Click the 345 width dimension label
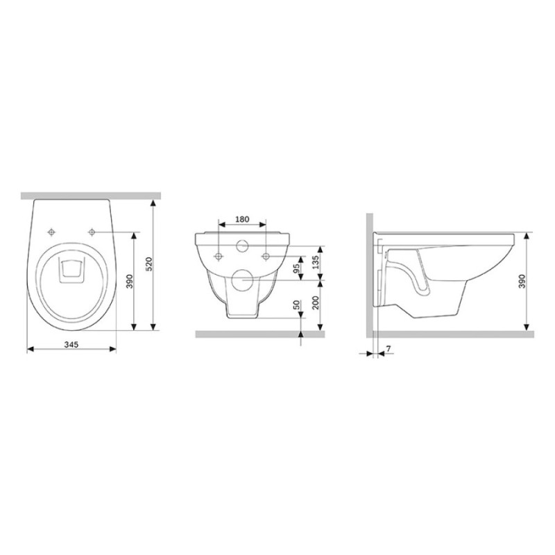[71, 343]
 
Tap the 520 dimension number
[149, 264]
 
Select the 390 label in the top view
[130, 282]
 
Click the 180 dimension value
[242, 219]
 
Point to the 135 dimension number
[316, 263]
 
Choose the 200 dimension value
[316, 302]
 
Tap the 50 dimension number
[298, 305]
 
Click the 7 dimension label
[388, 349]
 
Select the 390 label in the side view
[522, 282]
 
